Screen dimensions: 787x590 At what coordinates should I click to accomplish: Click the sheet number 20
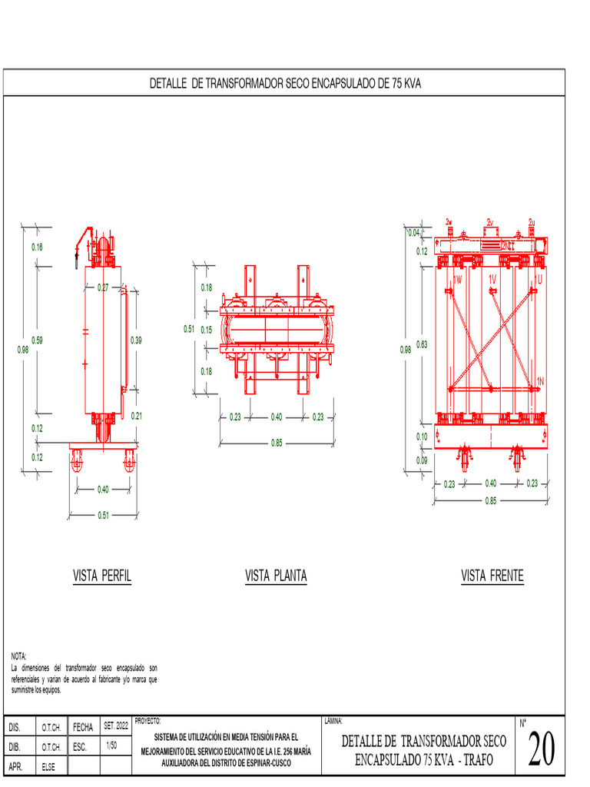click(542, 750)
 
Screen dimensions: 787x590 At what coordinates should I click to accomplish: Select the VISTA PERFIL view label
click(102, 576)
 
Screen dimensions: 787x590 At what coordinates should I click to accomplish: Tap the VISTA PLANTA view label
click(277, 576)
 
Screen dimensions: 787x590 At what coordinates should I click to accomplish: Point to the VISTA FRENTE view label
click(492, 576)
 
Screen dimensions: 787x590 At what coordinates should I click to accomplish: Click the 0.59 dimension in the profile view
click(37, 340)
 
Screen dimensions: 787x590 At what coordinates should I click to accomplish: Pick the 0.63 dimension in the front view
click(422, 344)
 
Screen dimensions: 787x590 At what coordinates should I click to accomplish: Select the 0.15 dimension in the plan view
click(207, 329)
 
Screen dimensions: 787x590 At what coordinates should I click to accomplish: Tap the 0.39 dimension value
click(137, 340)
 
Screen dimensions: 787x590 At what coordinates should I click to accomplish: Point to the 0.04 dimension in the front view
click(414, 233)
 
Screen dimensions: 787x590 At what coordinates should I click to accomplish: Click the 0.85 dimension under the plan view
click(277, 442)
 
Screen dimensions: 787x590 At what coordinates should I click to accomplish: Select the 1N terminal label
click(540, 381)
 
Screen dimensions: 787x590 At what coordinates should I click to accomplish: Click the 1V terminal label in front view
click(492, 278)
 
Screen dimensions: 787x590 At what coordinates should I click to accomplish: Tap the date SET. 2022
click(116, 726)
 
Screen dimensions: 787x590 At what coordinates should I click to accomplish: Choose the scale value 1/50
click(111, 745)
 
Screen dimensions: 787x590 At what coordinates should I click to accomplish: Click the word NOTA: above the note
click(19, 656)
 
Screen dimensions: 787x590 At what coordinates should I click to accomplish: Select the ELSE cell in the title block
click(48, 766)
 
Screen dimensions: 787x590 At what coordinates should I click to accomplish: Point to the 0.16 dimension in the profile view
click(37, 247)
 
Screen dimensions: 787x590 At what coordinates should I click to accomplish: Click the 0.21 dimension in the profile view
click(137, 416)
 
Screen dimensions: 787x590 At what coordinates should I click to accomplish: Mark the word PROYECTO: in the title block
click(147, 721)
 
